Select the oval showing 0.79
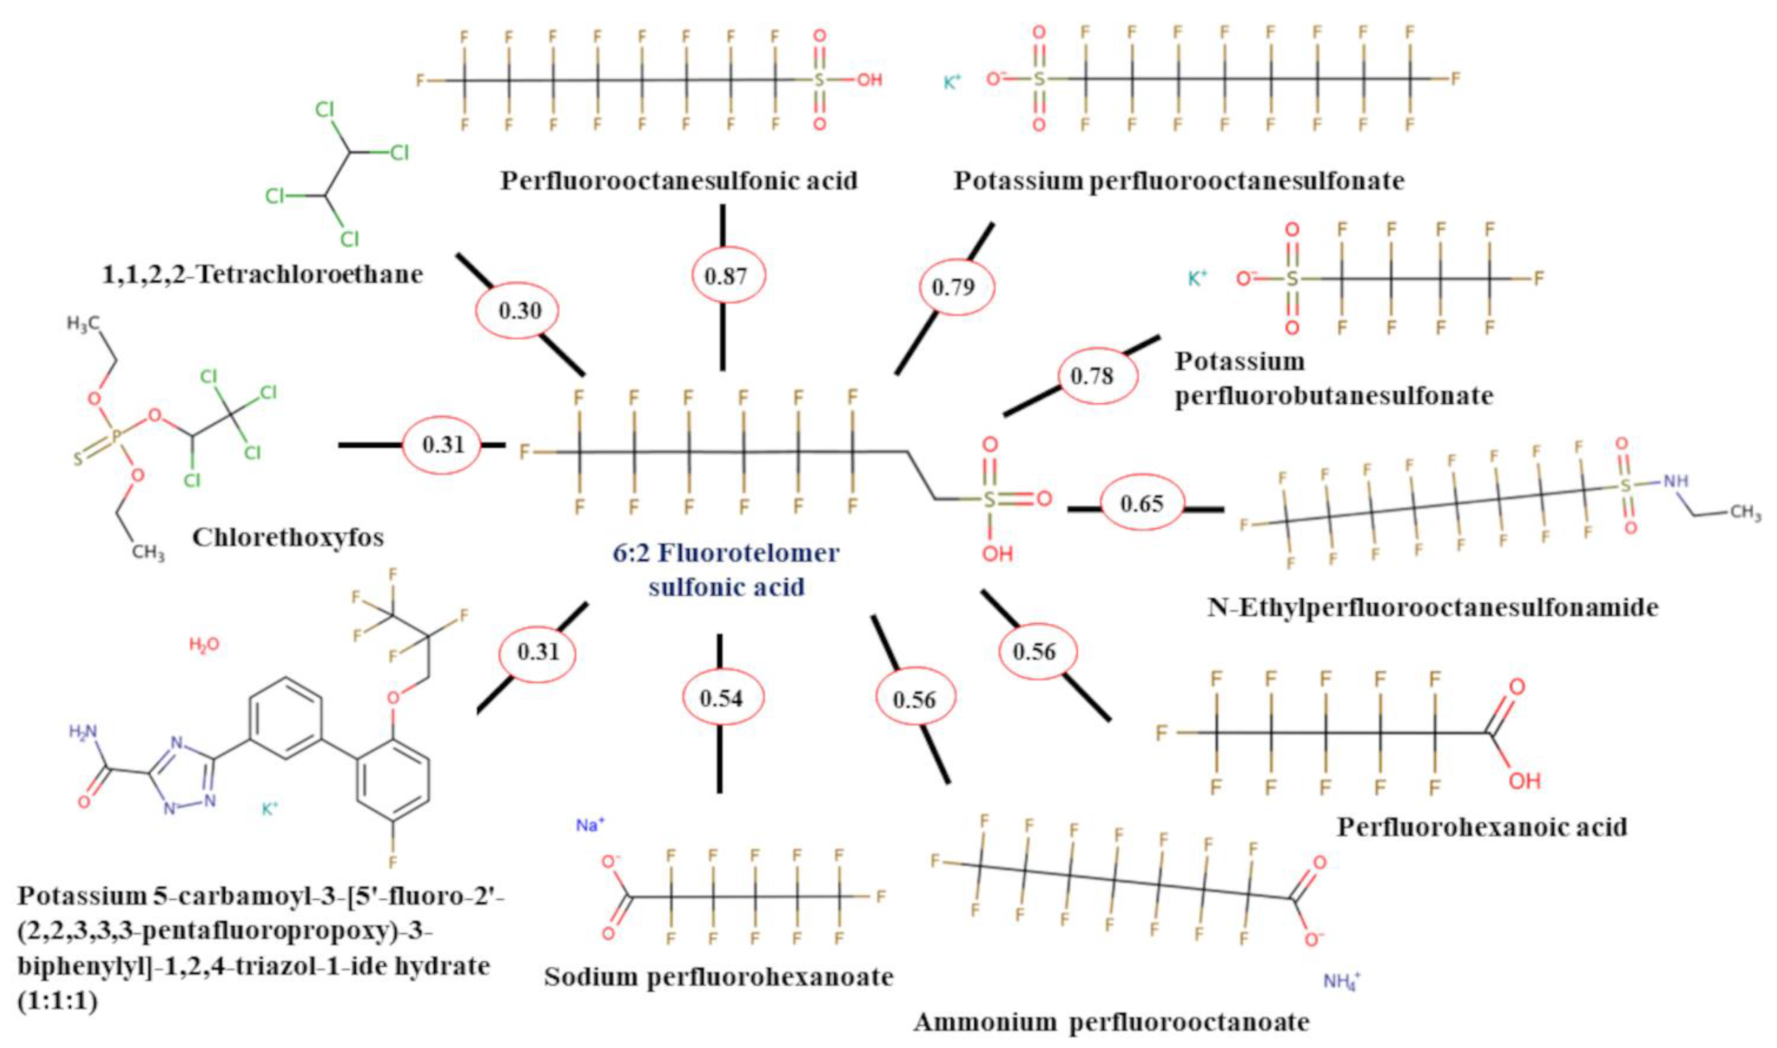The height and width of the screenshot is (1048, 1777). [x=957, y=287]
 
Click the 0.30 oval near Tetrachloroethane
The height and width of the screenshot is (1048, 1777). [x=519, y=311]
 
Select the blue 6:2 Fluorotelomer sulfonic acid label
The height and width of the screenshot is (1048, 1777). [x=726, y=569]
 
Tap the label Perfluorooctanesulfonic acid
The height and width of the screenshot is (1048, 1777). [x=679, y=181]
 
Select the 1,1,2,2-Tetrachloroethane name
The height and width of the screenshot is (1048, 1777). [x=263, y=274]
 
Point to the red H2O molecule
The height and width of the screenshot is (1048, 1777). [x=204, y=644]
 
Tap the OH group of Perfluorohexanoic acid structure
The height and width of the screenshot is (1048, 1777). [x=1524, y=780]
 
